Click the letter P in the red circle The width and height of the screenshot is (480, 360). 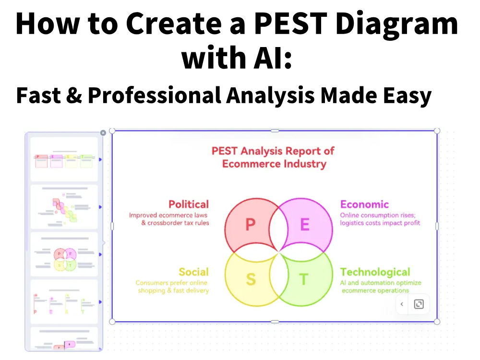251,224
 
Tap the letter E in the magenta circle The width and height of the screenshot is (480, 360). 305,224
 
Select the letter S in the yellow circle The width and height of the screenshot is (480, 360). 251,279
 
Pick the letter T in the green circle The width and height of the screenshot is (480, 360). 303,279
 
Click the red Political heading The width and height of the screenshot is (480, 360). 189,204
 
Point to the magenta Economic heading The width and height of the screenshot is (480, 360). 364,204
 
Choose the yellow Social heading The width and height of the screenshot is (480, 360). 194,272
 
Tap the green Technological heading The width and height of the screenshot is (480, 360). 375,272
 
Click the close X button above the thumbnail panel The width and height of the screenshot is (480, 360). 103,133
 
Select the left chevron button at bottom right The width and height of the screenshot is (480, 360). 402,304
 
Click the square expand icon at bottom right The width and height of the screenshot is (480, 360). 419,304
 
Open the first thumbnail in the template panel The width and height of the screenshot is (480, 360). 64,159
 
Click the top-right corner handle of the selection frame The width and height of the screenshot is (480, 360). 437,131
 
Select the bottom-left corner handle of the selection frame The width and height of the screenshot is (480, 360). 112,321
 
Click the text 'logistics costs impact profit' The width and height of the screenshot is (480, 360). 380,223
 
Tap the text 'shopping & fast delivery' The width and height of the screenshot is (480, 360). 173,290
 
